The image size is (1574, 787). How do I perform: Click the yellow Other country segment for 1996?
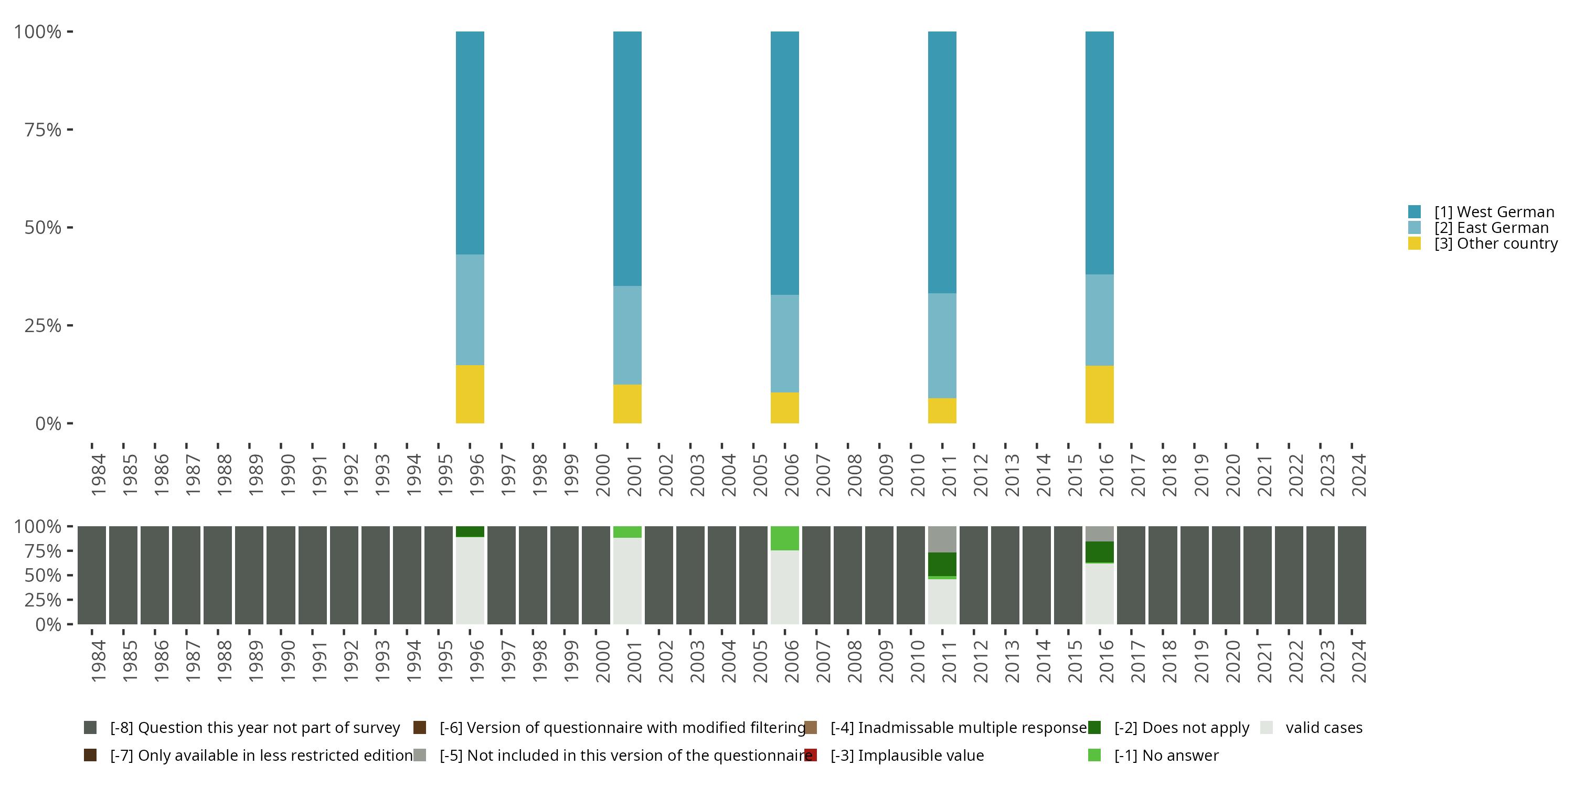470,394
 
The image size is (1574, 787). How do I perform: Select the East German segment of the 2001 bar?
627,335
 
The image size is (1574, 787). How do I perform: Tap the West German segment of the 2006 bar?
784,163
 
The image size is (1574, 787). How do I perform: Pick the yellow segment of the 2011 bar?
942,411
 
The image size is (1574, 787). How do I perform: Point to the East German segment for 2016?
1099,320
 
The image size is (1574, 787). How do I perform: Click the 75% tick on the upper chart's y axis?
43,130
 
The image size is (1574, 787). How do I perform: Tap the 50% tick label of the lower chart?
43,575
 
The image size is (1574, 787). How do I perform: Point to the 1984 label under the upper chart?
98,475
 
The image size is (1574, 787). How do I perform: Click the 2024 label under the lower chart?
1358,661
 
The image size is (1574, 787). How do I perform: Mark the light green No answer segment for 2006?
784,538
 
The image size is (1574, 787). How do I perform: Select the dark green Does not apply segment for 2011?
942,564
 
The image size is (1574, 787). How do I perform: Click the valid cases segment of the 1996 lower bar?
470,580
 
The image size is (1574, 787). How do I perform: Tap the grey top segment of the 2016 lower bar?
1099,534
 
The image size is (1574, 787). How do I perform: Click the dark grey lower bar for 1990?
281,575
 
